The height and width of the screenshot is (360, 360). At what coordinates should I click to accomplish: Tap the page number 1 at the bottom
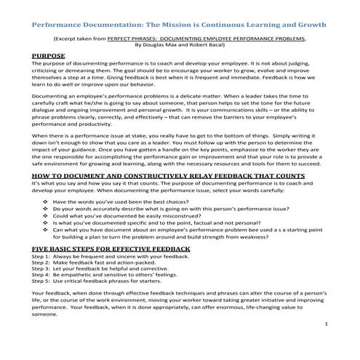327,323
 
